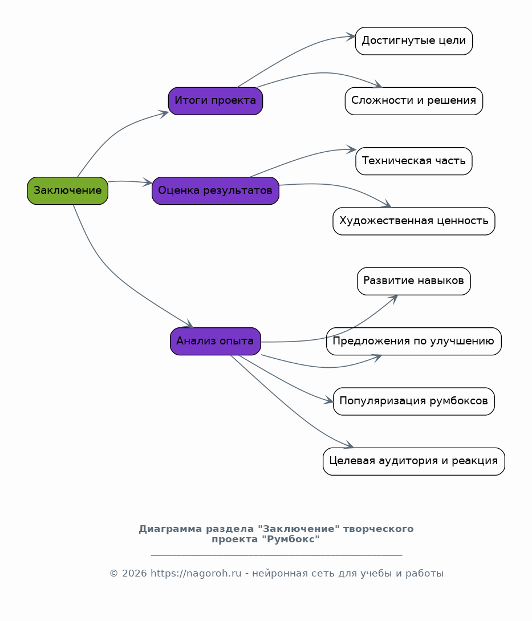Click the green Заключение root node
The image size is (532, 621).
tap(68, 190)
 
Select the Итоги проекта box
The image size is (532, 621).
tap(216, 101)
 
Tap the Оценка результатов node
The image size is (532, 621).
tap(216, 190)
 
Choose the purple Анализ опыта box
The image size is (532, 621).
tap(216, 341)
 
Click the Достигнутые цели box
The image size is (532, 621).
tap(414, 41)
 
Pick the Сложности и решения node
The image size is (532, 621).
tap(414, 101)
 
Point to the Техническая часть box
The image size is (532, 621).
tap(414, 161)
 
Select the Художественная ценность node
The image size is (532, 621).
tap(414, 221)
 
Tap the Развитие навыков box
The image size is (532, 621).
tap(414, 281)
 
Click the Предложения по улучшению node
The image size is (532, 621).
tap(414, 341)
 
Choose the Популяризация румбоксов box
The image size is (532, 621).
tap(414, 401)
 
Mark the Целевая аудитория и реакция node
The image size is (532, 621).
tap(414, 461)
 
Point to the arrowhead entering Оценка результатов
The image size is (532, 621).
tap(148, 182)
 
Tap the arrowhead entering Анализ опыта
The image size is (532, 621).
tap(189, 323)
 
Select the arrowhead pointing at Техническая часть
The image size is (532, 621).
tap(351, 150)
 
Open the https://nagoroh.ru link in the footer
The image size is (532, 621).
tap(196, 573)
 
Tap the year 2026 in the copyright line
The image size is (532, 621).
tap(135, 574)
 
